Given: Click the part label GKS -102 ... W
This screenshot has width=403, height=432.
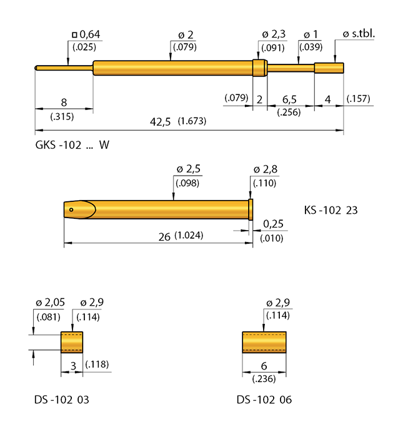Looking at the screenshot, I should pos(72,145).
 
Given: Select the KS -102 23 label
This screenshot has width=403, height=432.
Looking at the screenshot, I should pos(331,211).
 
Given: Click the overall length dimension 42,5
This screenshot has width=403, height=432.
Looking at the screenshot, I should pos(161,121).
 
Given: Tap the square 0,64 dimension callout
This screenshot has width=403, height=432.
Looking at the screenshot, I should pos(87,34).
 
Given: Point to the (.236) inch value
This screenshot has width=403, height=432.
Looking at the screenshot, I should pos(264,378).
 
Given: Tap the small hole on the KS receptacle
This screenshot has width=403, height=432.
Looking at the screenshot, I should pos(72,209).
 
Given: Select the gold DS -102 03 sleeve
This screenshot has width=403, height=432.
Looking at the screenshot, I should pos(72,342).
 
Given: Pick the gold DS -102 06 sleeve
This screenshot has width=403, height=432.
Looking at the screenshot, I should pos(264,342).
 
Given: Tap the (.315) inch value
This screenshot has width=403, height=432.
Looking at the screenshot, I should pos(62,115).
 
